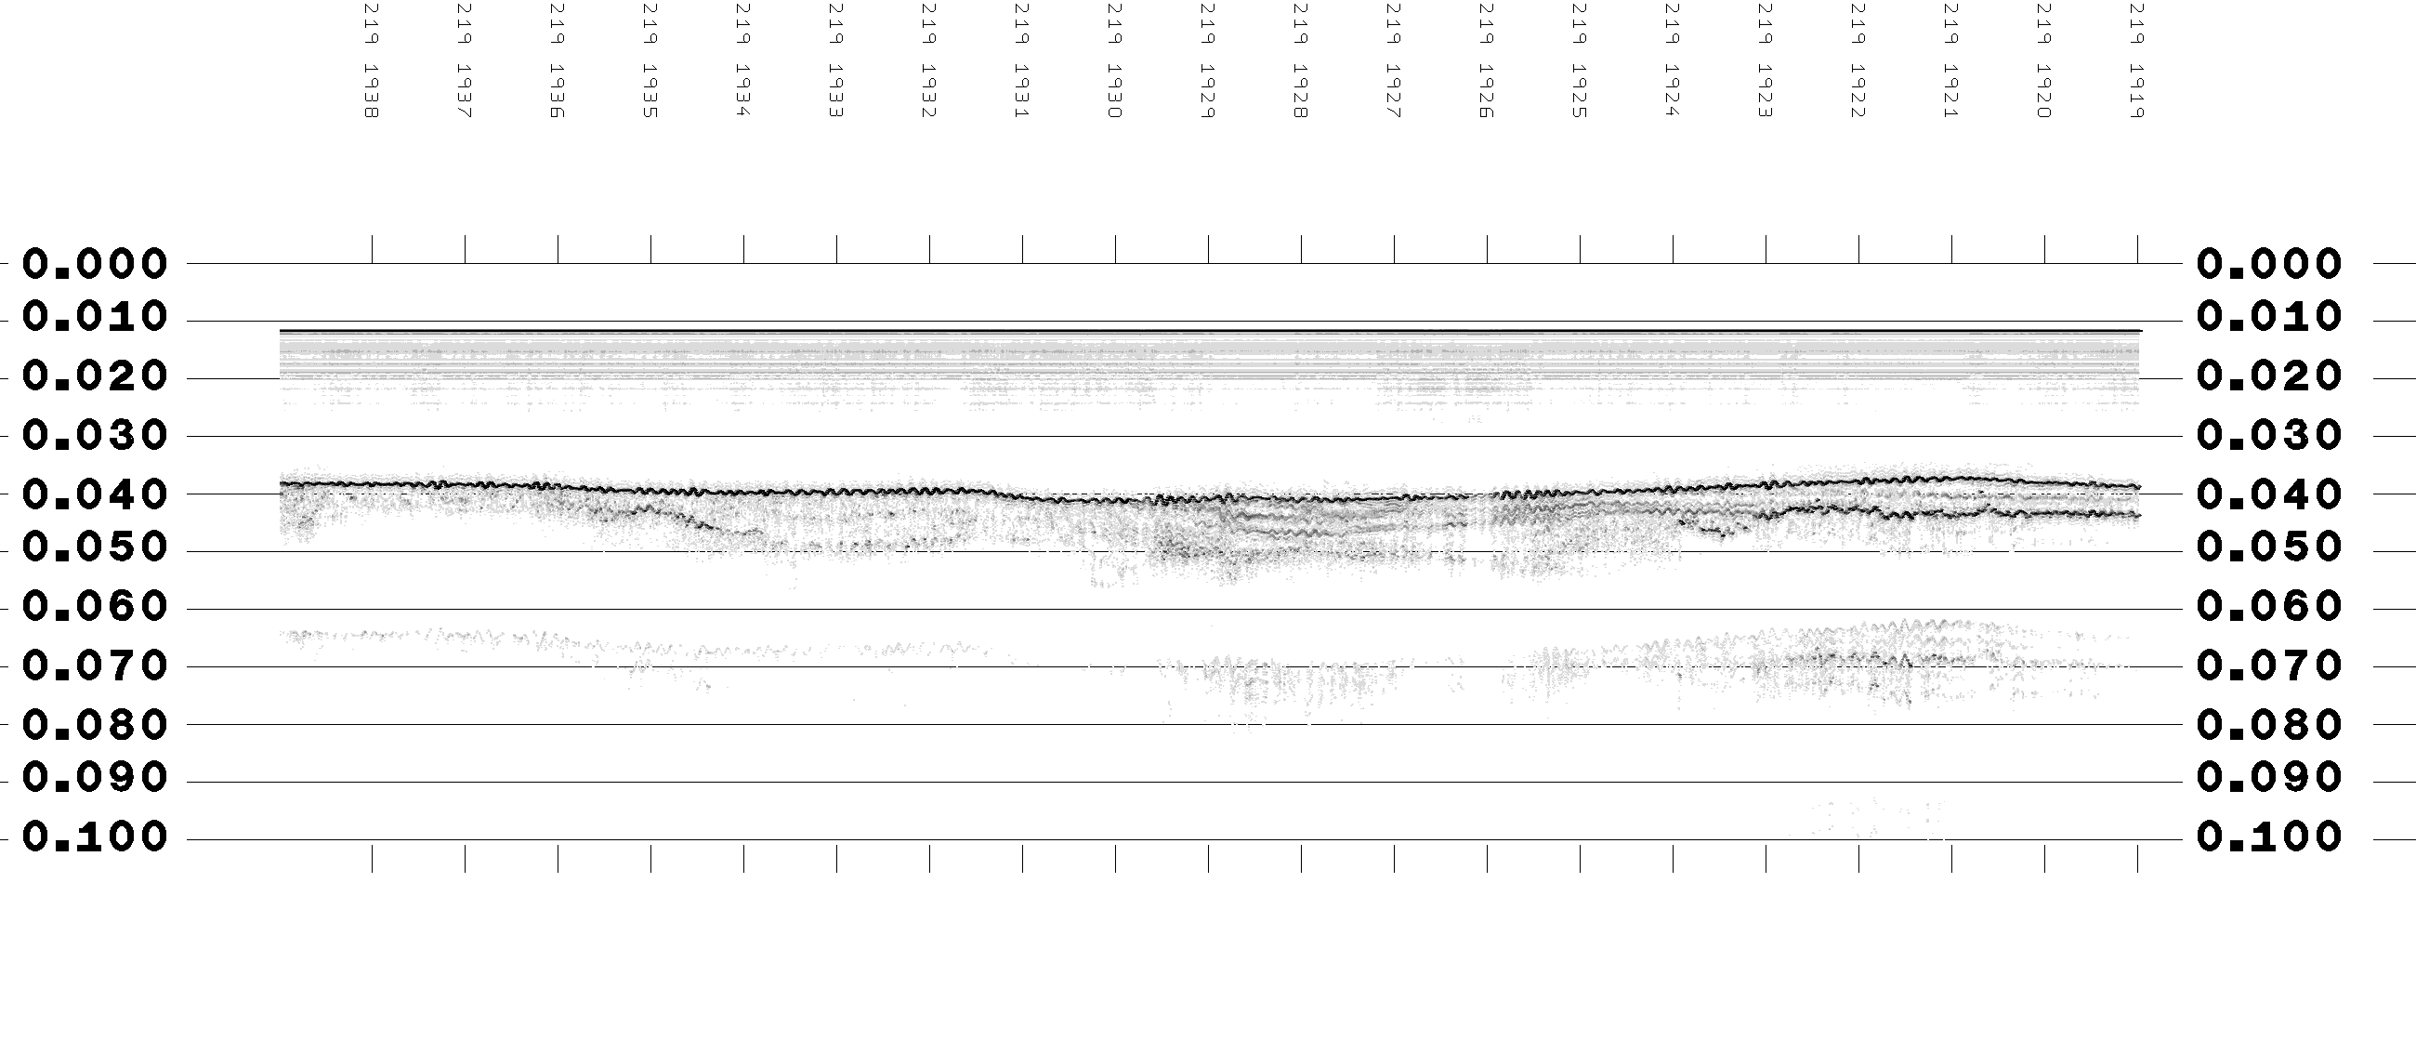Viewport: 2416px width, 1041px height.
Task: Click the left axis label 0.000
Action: [x=95, y=265]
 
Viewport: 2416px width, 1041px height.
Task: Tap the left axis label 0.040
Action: [x=95, y=494]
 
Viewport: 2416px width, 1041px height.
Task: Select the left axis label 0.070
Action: [x=95, y=666]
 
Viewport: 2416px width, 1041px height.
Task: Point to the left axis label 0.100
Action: [x=95, y=837]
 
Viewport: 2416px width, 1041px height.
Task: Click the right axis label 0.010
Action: [x=2269, y=317]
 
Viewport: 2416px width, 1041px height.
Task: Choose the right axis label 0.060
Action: [x=2269, y=607]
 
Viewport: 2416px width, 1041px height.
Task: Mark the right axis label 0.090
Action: [x=2269, y=777]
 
